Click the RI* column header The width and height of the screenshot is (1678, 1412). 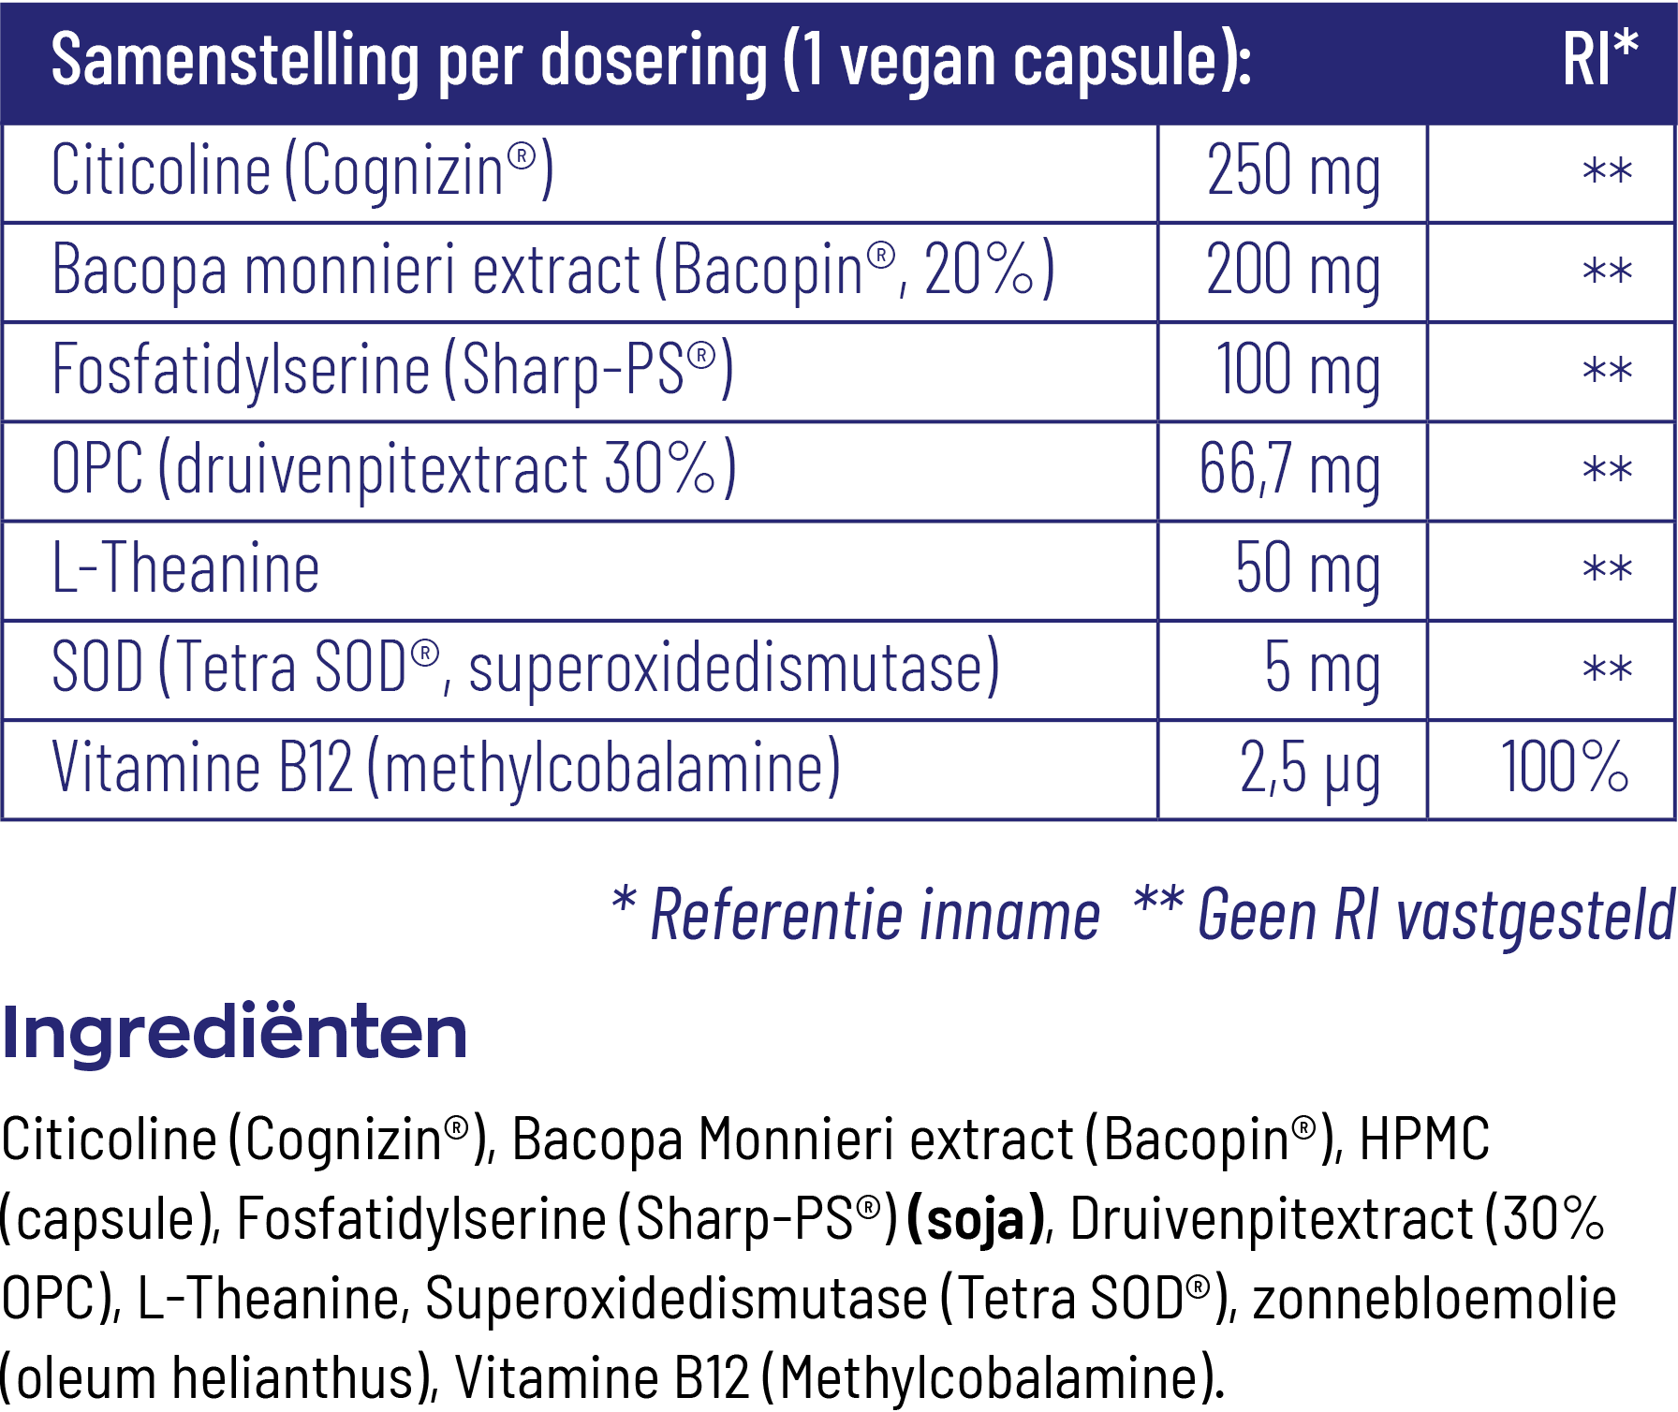pos(1599,60)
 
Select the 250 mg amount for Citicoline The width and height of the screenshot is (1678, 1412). pos(1293,172)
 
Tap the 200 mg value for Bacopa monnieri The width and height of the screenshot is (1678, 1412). pos(1293,272)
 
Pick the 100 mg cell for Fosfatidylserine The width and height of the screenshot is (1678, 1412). pos(1297,372)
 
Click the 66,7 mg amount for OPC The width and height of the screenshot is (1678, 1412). pos(1289,471)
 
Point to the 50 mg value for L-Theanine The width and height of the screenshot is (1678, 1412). pos(1307,570)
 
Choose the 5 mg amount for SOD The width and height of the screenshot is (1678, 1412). pos(1321,669)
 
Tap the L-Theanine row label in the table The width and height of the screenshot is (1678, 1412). pos(185,569)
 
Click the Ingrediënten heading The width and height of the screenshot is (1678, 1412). pos(234,1033)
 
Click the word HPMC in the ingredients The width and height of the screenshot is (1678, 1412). pos(1423,1140)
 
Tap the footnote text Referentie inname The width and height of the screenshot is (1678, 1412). pos(874,916)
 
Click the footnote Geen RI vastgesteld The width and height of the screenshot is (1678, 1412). pos(1435,916)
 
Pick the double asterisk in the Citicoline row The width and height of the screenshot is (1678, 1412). pos(1607,172)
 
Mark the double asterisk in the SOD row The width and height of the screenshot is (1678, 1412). pos(1607,669)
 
